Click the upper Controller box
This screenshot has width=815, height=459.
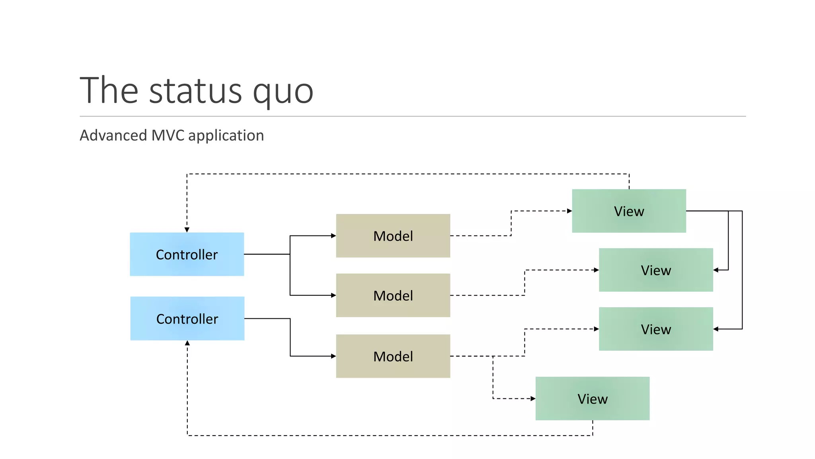[187, 254]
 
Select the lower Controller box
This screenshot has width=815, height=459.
[187, 318]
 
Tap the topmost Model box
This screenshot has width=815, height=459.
[393, 236]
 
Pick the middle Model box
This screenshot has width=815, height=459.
[393, 295]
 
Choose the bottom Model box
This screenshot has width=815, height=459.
[393, 356]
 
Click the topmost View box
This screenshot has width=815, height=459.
[629, 211]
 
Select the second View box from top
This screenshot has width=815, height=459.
[656, 270]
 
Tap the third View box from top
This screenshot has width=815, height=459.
[656, 329]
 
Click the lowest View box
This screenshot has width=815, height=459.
[592, 398]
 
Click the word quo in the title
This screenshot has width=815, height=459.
[283, 92]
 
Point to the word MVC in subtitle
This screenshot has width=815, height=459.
[168, 135]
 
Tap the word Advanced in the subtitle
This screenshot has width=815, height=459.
[113, 135]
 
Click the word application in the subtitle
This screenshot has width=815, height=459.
[226, 136]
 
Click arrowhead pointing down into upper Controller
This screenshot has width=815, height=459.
[187, 230]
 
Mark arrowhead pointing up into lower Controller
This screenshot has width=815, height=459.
[187, 343]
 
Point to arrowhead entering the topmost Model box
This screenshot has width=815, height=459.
[333, 236]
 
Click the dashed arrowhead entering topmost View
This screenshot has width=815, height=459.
[569, 211]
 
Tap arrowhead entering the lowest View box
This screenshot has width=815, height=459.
[533, 398]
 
